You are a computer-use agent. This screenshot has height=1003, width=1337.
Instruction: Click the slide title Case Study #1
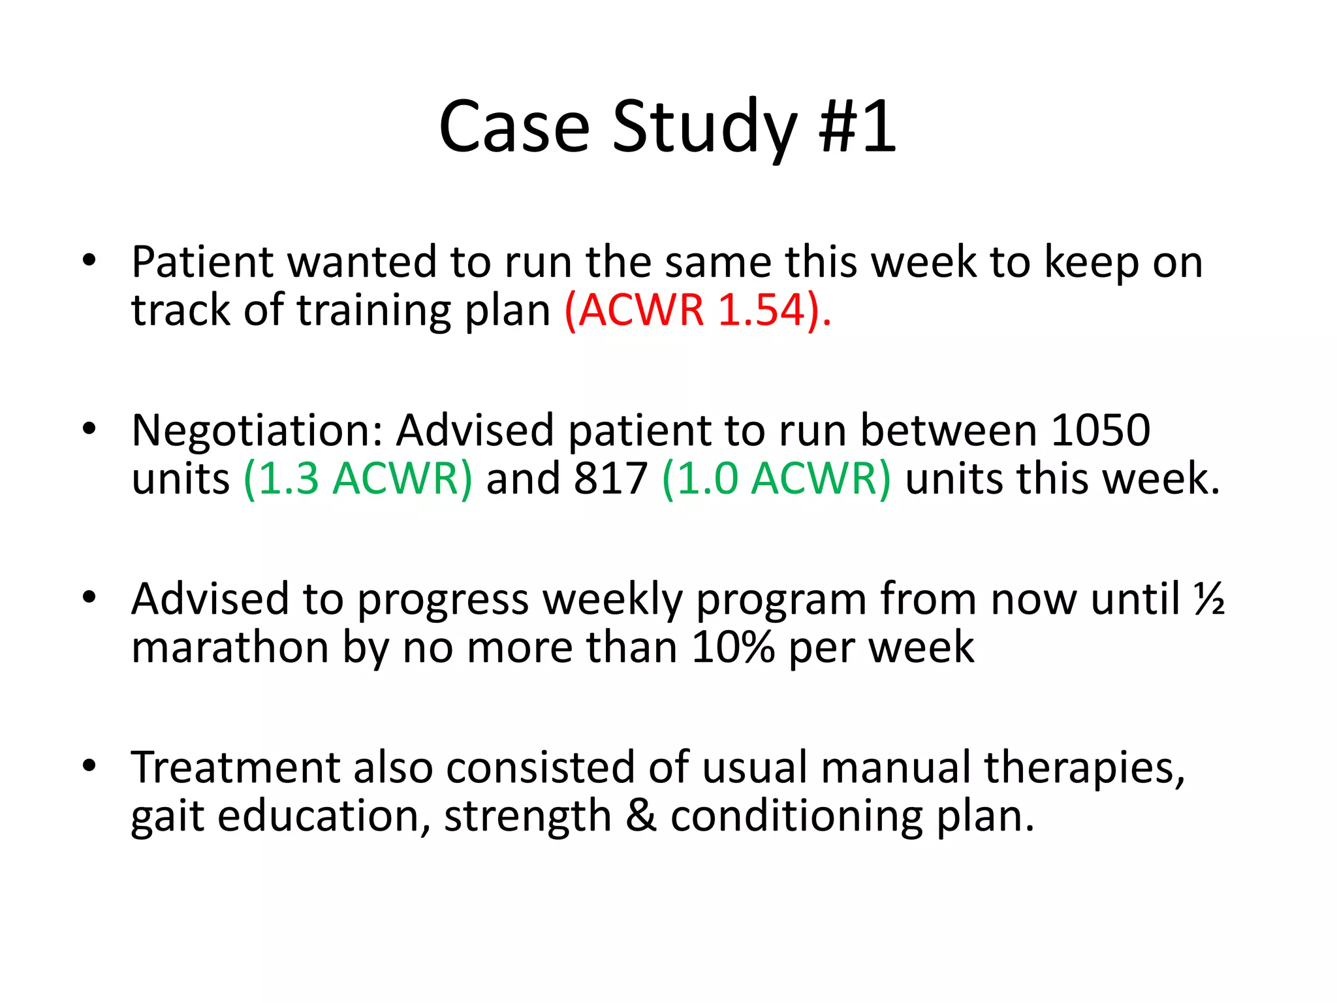667,127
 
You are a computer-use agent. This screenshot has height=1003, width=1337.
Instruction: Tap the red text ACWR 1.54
697,310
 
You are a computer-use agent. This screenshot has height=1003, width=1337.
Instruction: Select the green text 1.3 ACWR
357,479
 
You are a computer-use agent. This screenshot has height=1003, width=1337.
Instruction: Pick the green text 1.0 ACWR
776,479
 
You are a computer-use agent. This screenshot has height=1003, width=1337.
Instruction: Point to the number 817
610,479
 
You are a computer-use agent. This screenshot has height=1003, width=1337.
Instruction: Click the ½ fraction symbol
1208,598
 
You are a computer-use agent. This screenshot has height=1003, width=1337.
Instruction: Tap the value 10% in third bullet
732,648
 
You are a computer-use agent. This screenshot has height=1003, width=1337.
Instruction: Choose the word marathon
230,648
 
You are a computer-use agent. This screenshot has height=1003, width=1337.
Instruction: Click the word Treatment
236,768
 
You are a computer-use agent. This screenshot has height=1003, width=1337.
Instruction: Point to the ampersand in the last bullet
641,816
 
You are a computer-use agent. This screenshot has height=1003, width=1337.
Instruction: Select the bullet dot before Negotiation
89,430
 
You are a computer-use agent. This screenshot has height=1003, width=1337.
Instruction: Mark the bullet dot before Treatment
89,765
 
